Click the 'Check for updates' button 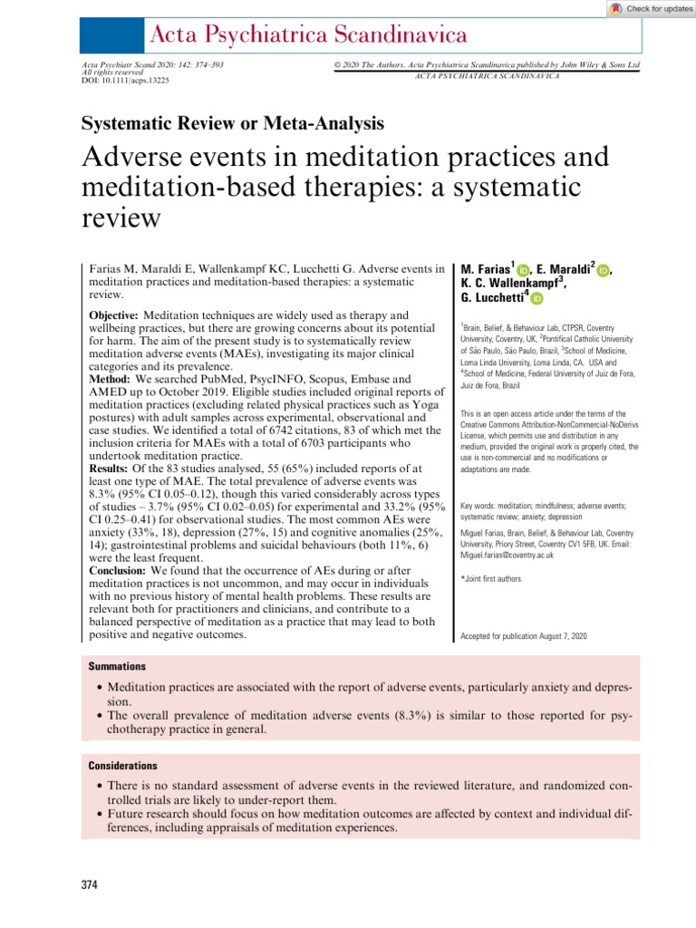click(650, 8)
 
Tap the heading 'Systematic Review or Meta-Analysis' click(233, 123)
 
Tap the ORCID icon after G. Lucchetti click(536, 298)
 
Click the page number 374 click(89, 882)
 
